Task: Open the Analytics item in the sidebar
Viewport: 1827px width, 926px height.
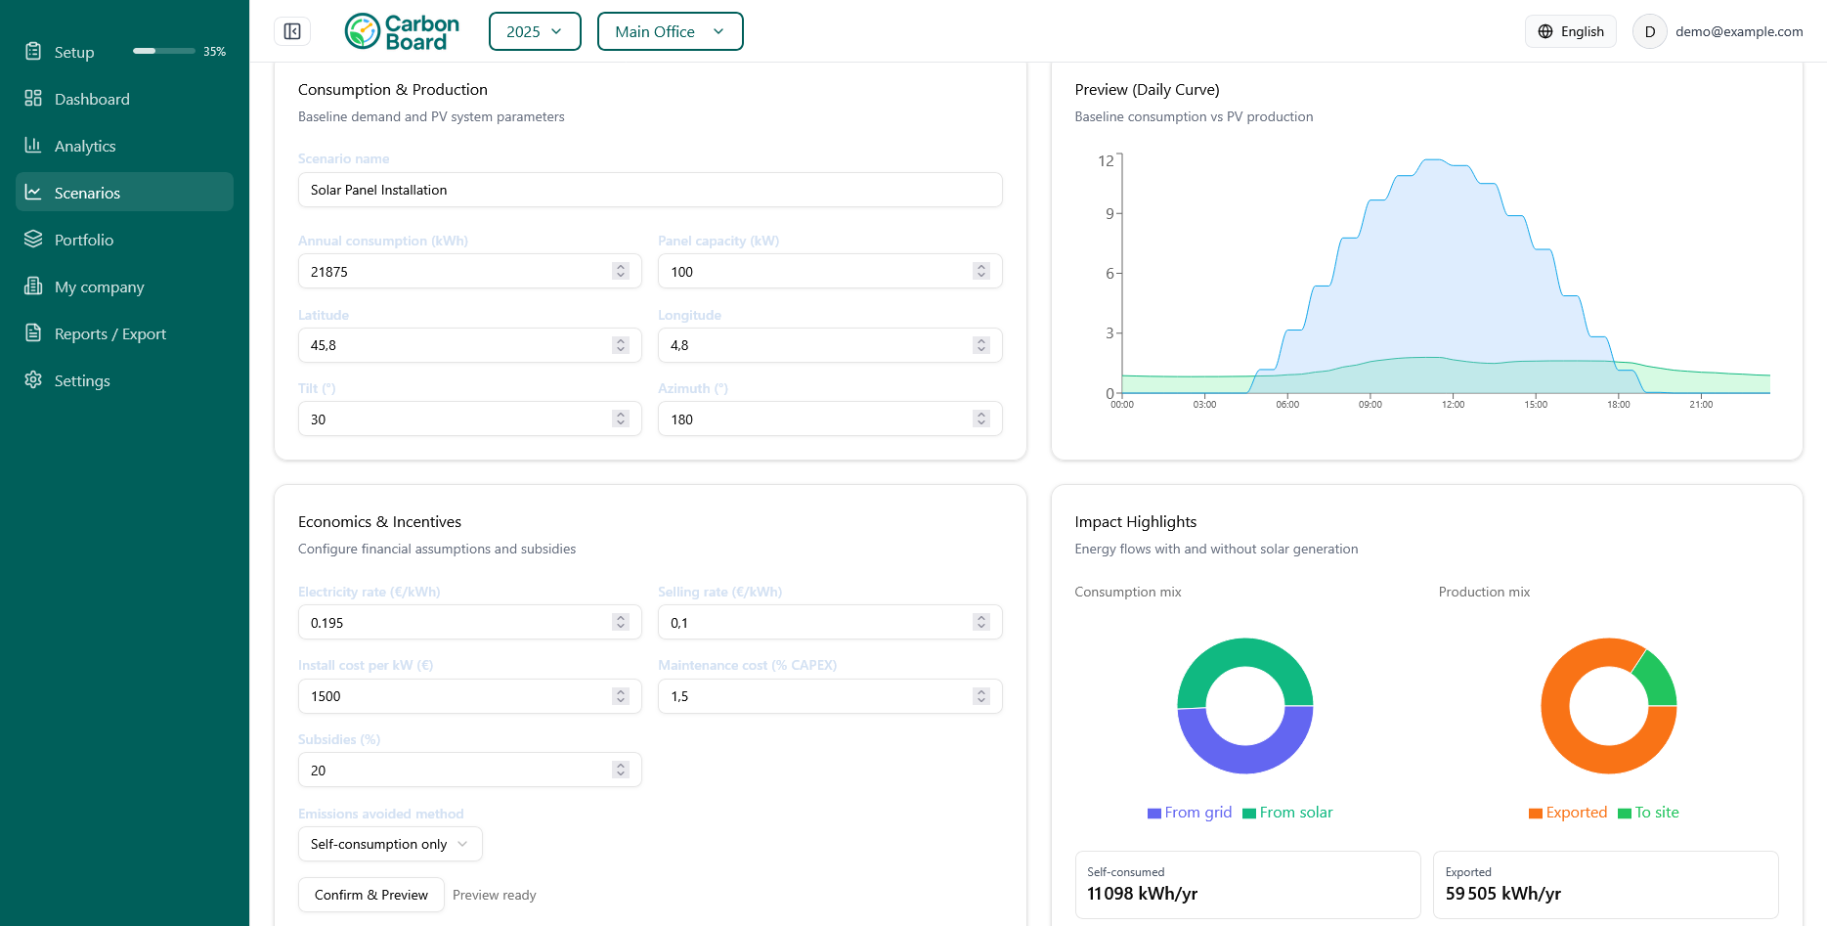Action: click(85, 146)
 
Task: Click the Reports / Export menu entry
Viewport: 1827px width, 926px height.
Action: click(109, 333)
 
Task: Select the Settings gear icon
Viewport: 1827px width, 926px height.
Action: click(33, 380)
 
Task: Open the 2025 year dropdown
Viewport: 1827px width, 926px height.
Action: click(534, 31)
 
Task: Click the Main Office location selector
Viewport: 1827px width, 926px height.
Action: click(670, 31)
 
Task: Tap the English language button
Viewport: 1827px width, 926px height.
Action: click(1570, 31)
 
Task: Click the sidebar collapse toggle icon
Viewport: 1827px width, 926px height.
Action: click(292, 31)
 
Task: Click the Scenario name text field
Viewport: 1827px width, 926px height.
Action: click(649, 190)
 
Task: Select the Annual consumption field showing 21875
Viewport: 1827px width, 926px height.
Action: click(456, 272)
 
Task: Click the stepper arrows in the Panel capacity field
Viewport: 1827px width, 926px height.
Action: click(981, 272)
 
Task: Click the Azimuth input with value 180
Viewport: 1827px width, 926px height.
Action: click(815, 419)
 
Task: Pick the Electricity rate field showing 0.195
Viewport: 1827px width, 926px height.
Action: click(456, 623)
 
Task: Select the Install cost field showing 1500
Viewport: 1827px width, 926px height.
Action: click(456, 696)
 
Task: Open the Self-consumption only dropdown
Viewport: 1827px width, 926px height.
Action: click(389, 844)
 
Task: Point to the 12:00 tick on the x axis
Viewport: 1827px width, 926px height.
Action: click(1453, 404)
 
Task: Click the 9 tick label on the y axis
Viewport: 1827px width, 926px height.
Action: click(1109, 213)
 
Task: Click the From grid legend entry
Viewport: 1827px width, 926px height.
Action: click(1190, 813)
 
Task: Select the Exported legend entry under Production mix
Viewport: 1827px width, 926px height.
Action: click(1568, 813)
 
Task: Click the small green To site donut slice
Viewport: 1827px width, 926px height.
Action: click(1655, 678)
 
